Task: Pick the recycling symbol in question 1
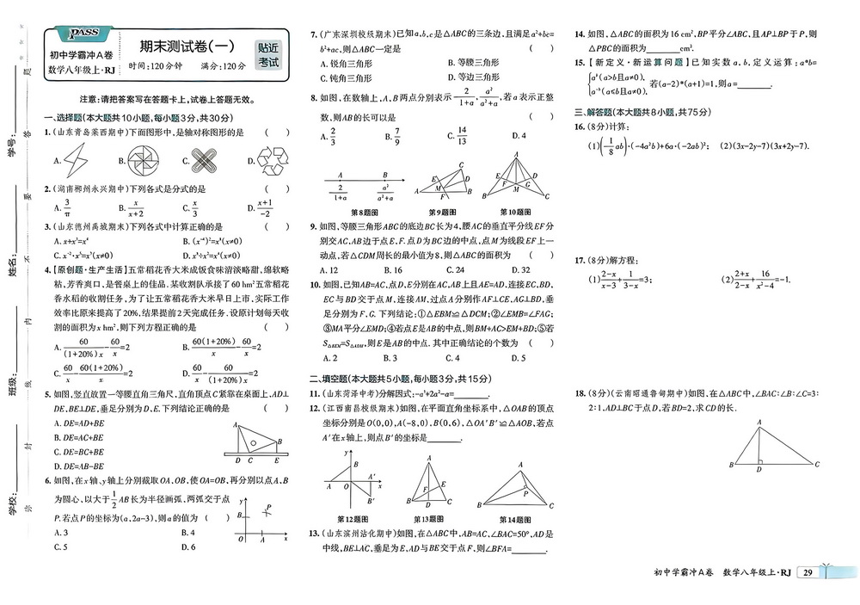[271, 158]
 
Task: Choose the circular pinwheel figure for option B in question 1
[140, 159]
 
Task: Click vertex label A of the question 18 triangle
[759, 422]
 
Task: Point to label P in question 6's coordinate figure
[269, 507]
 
